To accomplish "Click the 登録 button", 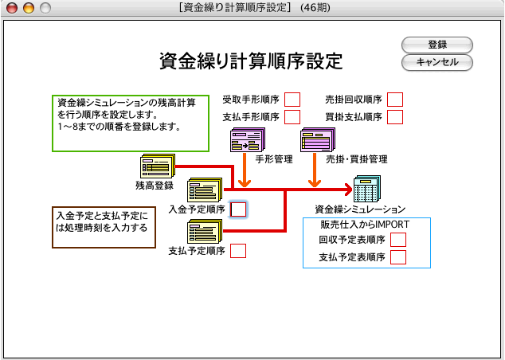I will point(436,45).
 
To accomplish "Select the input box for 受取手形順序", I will point(292,100).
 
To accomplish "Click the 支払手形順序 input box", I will point(292,117).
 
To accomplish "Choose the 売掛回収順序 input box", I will point(395,100).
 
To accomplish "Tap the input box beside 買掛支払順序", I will point(395,117).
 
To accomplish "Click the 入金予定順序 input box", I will point(238,209).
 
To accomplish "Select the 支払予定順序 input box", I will point(238,251).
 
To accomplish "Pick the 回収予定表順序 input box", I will point(398,239).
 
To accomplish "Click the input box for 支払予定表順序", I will point(398,256).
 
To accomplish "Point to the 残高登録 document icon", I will point(157,166).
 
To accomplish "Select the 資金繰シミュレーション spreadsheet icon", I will point(369,190).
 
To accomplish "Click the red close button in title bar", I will point(13,8).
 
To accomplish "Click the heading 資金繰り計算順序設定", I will point(251,61).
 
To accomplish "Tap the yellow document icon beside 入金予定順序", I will point(205,191).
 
